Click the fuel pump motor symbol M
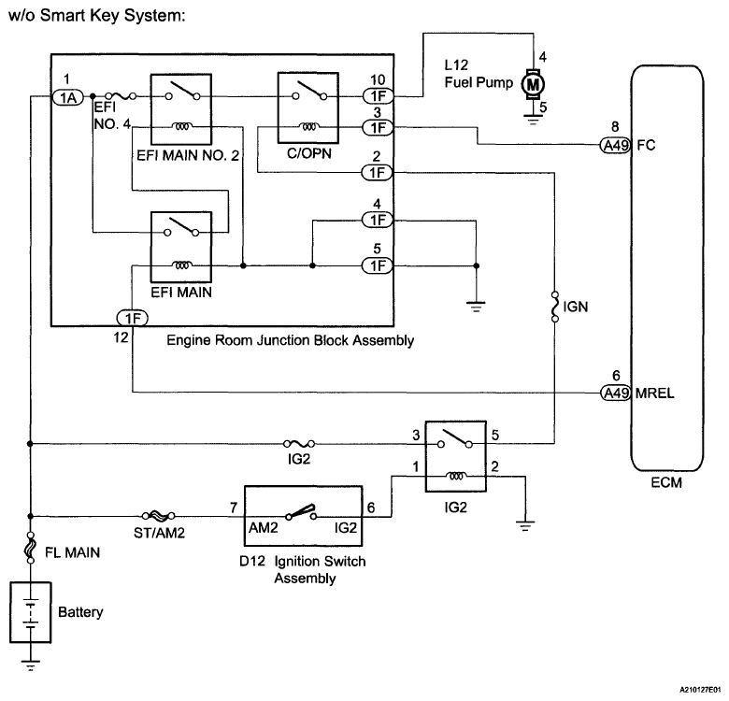(533, 85)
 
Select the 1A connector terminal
(68, 97)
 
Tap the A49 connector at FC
(615, 146)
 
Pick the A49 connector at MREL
(615, 393)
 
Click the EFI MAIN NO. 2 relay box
(181, 109)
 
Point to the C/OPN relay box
(307, 107)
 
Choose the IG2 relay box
(456, 456)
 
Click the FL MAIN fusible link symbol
(30, 548)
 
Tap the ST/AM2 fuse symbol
(159, 516)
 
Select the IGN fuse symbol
(554, 307)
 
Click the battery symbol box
(30, 613)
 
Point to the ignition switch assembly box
(303, 516)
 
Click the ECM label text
(666, 482)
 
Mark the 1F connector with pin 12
(133, 319)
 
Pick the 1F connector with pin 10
(378, 96)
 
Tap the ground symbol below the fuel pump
(533, 120)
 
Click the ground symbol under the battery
(30, 665)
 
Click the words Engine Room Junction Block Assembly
(290, 341)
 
